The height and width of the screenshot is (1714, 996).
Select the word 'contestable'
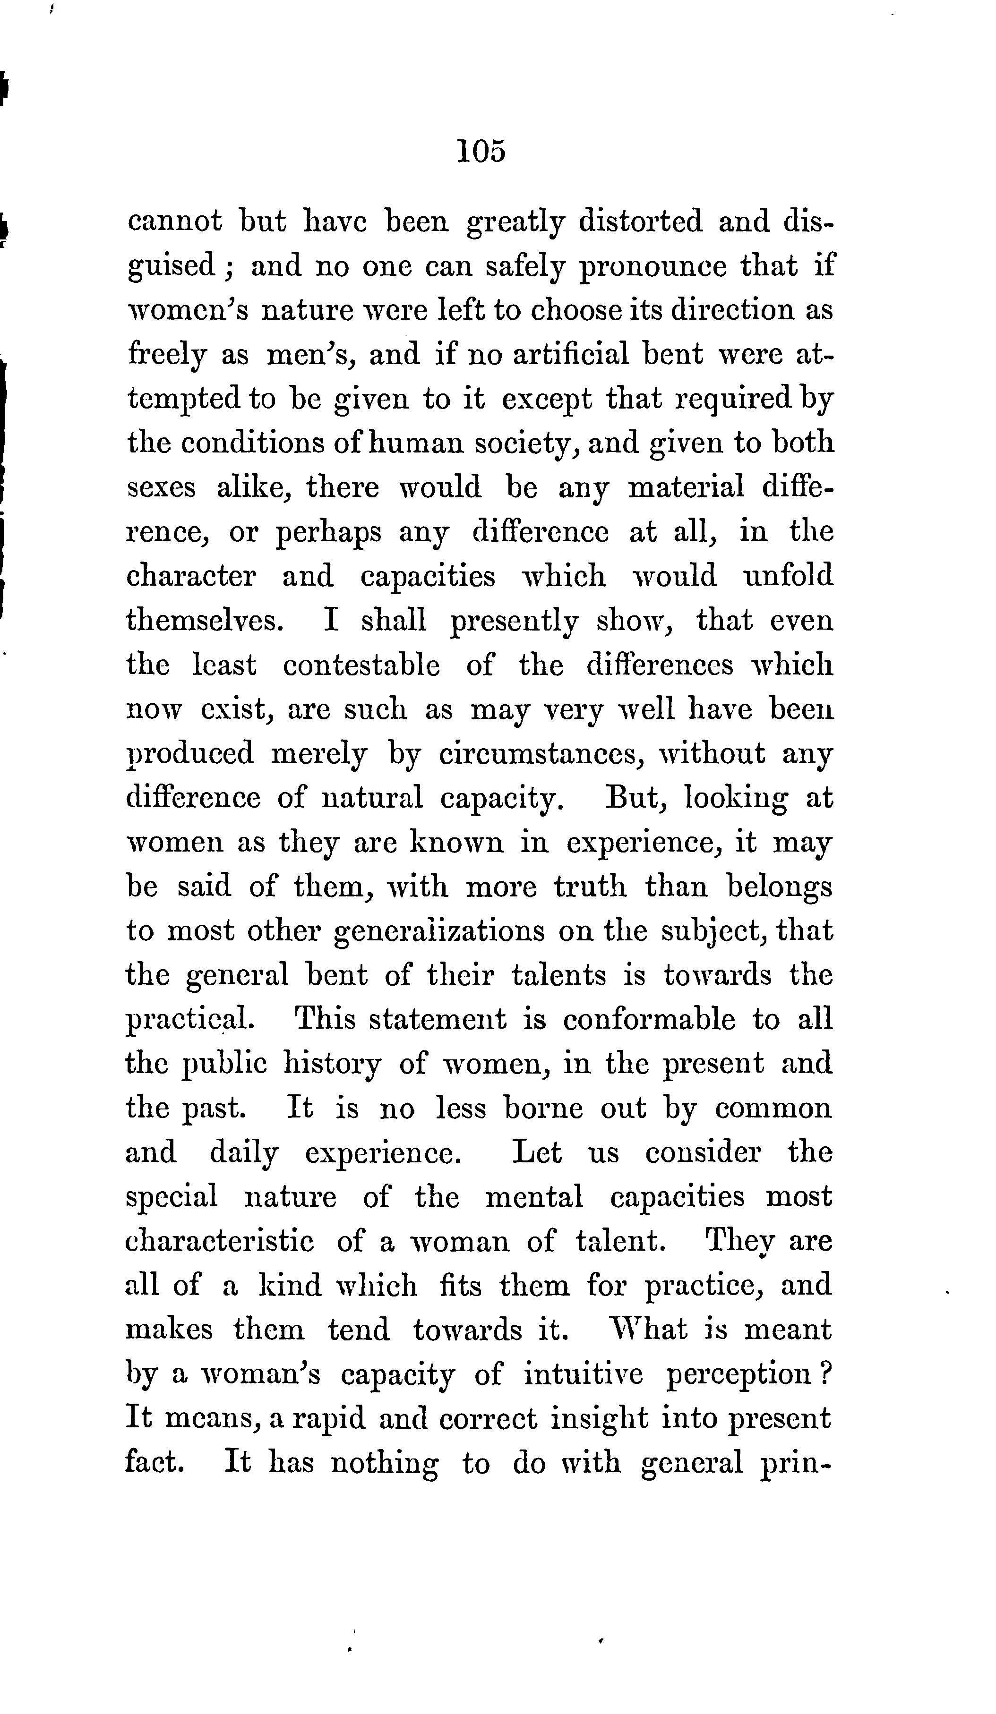click(x=361, y=665)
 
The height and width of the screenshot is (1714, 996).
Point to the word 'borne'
click(x=543, y=1108)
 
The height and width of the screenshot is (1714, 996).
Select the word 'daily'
click(x=243, y=1153)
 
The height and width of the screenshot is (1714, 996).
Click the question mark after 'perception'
click(x=824, y=1374)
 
